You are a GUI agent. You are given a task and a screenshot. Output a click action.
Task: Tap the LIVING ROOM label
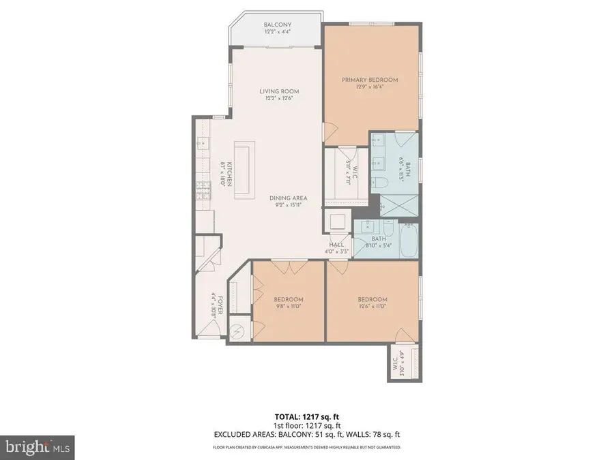coord(278,91)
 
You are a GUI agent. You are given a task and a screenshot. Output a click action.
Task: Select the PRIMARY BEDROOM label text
coord(370,80)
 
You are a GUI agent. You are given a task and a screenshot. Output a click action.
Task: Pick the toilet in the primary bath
coord(381,182)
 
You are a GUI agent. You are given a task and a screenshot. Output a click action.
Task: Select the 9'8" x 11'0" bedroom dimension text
coord(288,307)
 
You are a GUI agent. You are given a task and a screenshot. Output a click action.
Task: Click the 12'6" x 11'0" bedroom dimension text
coord(372,307)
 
